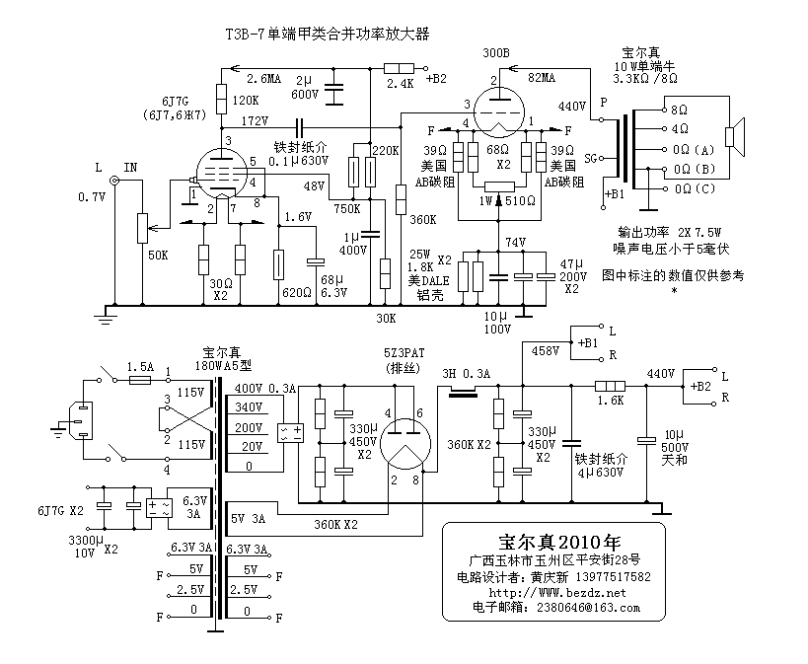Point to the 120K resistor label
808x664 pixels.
tap(246, 101)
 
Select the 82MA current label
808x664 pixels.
tap(542, 77)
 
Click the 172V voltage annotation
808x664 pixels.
tap(255, 120)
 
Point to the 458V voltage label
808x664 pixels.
tap(545, 350)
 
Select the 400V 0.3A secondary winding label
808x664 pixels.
tap(264, 389)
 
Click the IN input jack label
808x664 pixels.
tap(130, 169)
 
